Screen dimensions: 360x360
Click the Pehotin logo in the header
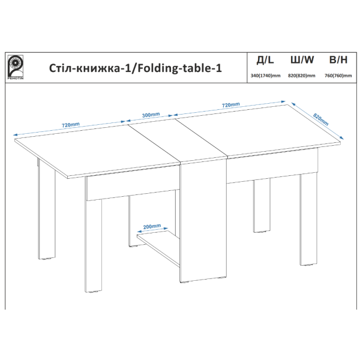point(16,67)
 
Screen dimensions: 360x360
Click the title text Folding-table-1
point(179,68)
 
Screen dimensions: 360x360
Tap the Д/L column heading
point(265,60)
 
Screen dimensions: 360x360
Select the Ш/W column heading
point(302,60)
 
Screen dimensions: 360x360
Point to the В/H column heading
point(338,60)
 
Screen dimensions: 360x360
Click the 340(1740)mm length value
point(265,76)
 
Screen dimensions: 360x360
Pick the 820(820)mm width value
point(302,76)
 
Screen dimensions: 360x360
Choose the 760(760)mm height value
point(338,76)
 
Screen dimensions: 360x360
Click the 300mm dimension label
point(151,115)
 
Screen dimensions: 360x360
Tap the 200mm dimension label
point(152,226)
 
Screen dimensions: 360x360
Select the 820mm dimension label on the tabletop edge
point(321,119)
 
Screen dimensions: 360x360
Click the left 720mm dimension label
point(71,125)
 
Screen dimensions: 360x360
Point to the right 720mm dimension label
point(231,104)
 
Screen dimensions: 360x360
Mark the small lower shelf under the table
point(158,248)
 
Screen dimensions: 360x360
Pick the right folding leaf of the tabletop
point(257,131)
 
